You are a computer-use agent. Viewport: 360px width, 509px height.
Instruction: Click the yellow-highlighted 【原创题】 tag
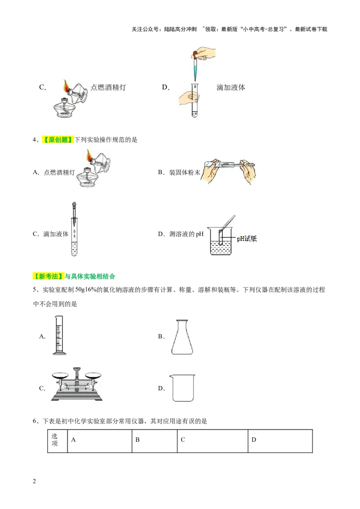pyautogui.click(x=58, y=140)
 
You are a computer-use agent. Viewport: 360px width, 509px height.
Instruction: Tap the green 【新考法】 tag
pyautogui.click(x=48, y=277)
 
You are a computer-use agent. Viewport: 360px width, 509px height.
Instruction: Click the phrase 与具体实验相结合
pyautogui.click(x=90, y=277)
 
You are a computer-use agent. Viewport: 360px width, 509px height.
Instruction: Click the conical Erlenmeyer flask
pyautogui.click(x=182, y=338)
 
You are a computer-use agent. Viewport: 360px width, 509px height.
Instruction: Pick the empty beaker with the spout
pyautogui.click(x=183, y=388)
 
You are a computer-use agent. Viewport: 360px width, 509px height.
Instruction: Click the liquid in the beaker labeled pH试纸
pyautogui.click(x=220, y=248)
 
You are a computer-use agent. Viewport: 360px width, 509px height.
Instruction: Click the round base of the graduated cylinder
pyautogui.click(x=59, y=353)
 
